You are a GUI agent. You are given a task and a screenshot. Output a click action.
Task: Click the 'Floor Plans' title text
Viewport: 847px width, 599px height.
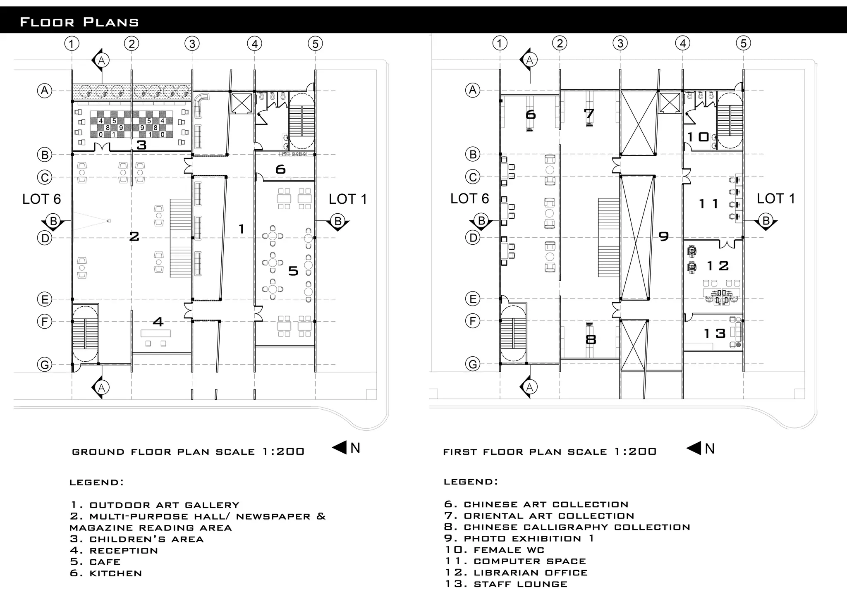tap(79, 22)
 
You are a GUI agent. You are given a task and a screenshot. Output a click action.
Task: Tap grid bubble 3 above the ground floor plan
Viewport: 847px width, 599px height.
tap(192, 43)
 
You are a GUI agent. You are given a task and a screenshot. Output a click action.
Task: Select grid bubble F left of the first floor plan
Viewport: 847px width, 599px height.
tap(473, 321)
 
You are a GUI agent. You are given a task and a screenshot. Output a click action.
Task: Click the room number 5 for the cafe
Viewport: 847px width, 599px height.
tap(293, 271)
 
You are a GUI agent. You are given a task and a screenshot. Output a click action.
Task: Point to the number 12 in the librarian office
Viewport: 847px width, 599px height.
tap(718, 266)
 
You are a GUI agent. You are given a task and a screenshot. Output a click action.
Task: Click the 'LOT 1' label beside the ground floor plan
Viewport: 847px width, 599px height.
tap(348, 199)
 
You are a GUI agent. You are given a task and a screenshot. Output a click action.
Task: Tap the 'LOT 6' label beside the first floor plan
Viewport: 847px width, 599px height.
tap(469, 199)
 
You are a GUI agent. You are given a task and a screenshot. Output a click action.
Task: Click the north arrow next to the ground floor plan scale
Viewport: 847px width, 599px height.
tap(340, 448)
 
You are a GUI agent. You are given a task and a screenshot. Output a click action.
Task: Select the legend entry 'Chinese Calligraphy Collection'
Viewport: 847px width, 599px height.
tap(567, 527)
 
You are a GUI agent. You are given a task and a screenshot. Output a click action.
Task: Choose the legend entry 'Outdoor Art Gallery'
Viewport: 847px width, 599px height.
tap(155, 505)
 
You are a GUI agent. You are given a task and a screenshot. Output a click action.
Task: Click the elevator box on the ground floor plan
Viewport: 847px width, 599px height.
tap(241, 103)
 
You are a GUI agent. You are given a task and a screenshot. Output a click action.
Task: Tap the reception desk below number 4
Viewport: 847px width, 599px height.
tap(156, 333)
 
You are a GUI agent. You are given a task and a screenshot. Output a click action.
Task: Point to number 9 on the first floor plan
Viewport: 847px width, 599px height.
tap(663, 236)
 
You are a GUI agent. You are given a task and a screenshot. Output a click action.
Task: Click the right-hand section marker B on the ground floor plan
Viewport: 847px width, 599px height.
tap(338, 222)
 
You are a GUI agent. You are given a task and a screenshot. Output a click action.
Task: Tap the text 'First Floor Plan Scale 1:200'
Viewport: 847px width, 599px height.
tap(550, 452)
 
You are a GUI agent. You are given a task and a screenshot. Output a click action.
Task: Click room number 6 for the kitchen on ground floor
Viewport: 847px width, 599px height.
tap(280, 169)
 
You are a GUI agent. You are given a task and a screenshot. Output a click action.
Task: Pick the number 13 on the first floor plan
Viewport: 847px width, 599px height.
tap(715, 333)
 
